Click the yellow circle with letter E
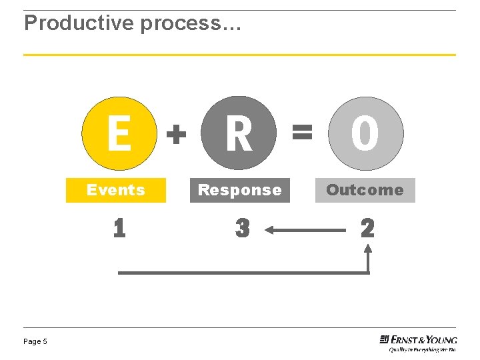(119, 134)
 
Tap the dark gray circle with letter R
(239, 134)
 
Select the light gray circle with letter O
(365, 134)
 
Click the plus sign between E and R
(175, 136)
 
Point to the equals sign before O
(302, 133)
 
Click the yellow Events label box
(116, 190)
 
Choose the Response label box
(240, 190)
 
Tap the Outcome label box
(365, 190)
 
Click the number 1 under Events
(119, 229)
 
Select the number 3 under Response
(243, 229)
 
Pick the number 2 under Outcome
(367, 229)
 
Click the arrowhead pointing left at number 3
(270, 230)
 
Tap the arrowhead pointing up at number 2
(367, 247)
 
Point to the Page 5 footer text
(35, 341)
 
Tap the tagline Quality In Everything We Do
(423, 349)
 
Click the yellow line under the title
(239, 55)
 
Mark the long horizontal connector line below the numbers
(243, 272)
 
